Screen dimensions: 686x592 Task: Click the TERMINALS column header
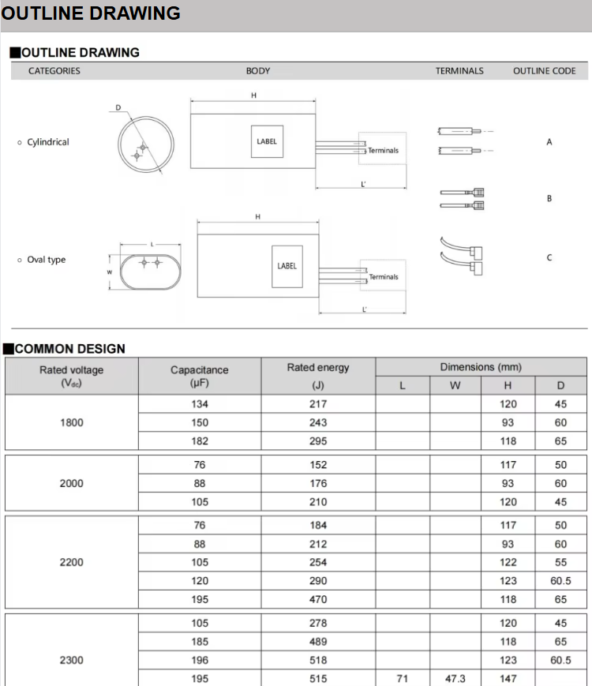pyautogui.click(x=459, y=71)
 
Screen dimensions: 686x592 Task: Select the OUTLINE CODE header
pyautogui.click(x=544, y=71)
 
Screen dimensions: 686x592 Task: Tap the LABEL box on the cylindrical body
pyautogui.click(x=267, y=142)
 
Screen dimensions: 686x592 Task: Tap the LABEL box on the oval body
pyautogui.click(x=287, y=266)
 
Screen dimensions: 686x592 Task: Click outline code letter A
pyautogui.click(x=549, y=143)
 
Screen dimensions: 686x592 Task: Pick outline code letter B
pyautogui.click(x=549, y=199)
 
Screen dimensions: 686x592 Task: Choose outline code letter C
pyautogui.click(x=549, y=258)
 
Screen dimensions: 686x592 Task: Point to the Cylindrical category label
pyautogui.click(x=48, y=143)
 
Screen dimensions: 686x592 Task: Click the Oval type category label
pyautogui.click(x=47, y=260)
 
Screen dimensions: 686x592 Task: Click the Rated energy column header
pyautogui.click(x=317, y=368)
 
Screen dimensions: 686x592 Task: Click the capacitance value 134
pyautogui.click(x=200, y=404)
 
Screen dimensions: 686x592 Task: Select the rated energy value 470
pyautogui.click(x=317, y=600)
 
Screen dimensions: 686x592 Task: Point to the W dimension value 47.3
pyautogui.click(x=455, y=679)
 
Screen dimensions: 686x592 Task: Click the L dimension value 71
pyautogui.click(x=403, y=679)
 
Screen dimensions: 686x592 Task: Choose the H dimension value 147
pyautogui.click(x=508, y=679)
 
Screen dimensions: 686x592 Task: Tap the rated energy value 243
pyautogui.click(x=317, y=423)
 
